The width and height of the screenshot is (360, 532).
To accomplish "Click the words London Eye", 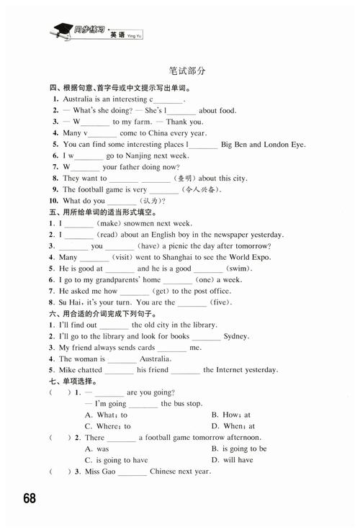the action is pos(286,145).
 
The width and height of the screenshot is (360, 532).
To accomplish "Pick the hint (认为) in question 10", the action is pos(152,201).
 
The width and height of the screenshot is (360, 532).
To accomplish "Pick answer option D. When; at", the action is pos(233,426).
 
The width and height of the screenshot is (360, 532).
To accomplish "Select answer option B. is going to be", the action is pos(239,448).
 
